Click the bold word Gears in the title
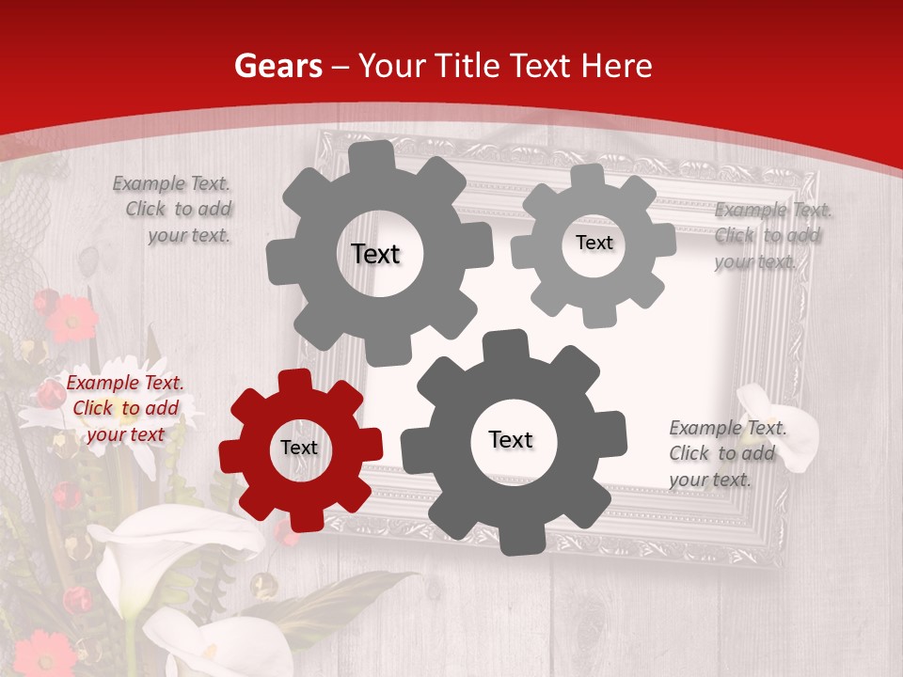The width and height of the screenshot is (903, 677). (278, 66)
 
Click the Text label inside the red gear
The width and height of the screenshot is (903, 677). (299, 449)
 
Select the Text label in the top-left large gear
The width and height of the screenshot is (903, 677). (375, 254)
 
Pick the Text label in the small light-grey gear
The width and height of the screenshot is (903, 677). (594, 243)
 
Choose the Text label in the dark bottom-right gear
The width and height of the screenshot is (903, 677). (511, 440)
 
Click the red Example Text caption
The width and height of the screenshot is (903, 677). (125, 408)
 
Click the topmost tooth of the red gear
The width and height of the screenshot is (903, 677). (294, 381)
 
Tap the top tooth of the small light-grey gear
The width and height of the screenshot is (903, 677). (588, 178)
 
